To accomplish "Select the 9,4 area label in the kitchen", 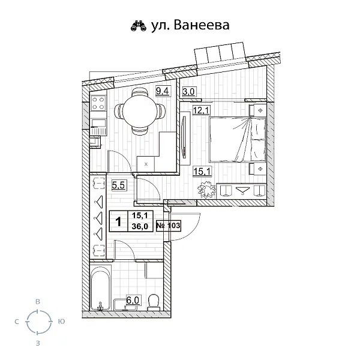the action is point(162,91).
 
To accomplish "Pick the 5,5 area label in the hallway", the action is point(118,186).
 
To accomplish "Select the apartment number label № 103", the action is point(168,226).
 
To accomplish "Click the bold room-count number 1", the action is point(118,221).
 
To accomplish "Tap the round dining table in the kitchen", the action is point(140,110).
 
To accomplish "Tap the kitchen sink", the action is point(98,127).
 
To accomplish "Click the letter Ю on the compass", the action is point(61,322).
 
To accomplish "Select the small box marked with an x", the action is point(146,163).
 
